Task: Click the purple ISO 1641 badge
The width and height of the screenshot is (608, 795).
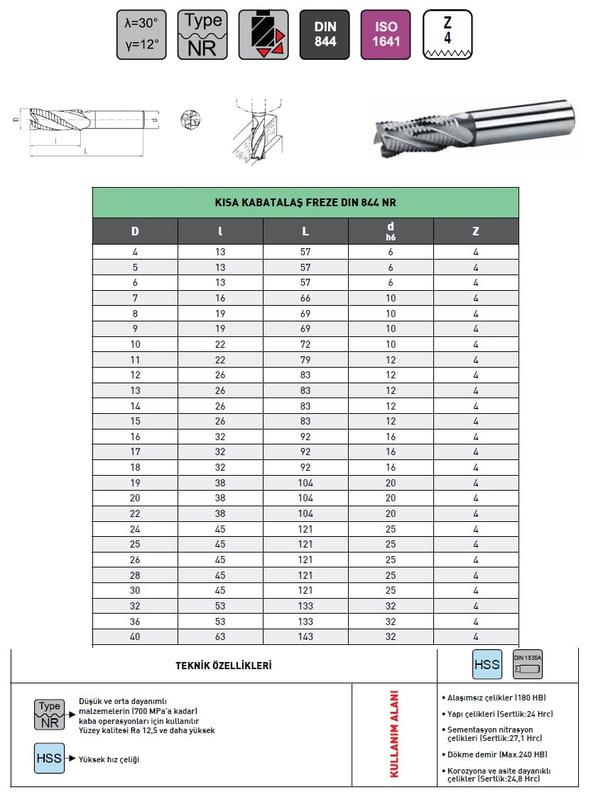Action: (x=385, y=34)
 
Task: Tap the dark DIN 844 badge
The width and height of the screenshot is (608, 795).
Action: (x=325, y=34)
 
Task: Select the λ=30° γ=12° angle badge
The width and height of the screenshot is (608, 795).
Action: (x=141, y=34)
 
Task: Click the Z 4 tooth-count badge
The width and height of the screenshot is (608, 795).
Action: (x=447, y=34)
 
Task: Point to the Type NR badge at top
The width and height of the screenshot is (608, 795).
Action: (x=202, y=34)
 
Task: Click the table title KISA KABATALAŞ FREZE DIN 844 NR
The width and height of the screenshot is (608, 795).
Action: (x=305, y=202)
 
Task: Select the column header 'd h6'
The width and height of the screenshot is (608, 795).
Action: (x=391, y=230)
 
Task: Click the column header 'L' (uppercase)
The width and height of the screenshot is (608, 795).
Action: (x=305, y=231)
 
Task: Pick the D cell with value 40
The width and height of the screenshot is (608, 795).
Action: (x=135, y=636)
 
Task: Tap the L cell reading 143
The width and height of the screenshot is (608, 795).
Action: (x=305, y=636)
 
